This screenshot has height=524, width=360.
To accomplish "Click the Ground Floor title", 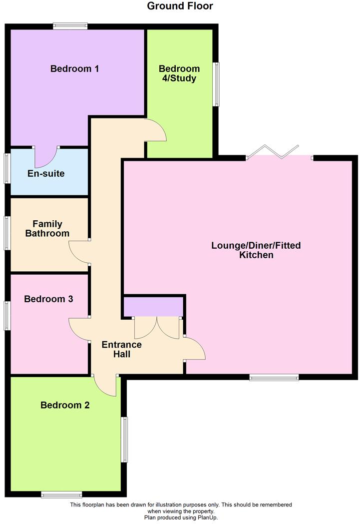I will coord(180,6).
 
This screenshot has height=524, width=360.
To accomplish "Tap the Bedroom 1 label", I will coord(74,68).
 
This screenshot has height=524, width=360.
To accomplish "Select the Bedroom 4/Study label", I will coord(179,73).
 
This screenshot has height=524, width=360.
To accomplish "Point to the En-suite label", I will coord(45,173).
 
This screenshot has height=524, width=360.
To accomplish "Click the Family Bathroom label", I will coord(47,229).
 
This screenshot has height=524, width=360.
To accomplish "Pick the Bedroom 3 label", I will coord(48,299).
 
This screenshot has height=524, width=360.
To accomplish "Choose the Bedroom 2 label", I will coord(65,405).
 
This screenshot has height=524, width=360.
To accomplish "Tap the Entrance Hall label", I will coord(121,349).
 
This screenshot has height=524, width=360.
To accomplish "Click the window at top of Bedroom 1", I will coord(70,26).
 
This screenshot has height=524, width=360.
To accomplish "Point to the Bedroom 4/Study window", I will coord(216,84).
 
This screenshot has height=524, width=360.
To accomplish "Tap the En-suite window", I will coord(7,168).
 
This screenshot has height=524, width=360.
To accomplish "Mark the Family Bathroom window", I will coord(7,232).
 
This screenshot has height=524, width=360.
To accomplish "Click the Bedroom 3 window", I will coord(7,315).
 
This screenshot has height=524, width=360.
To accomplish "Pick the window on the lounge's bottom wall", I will coord(274,377).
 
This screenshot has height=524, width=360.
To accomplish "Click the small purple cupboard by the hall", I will coord(153,307).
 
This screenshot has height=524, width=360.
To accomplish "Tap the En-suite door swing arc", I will coord(46,159).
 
